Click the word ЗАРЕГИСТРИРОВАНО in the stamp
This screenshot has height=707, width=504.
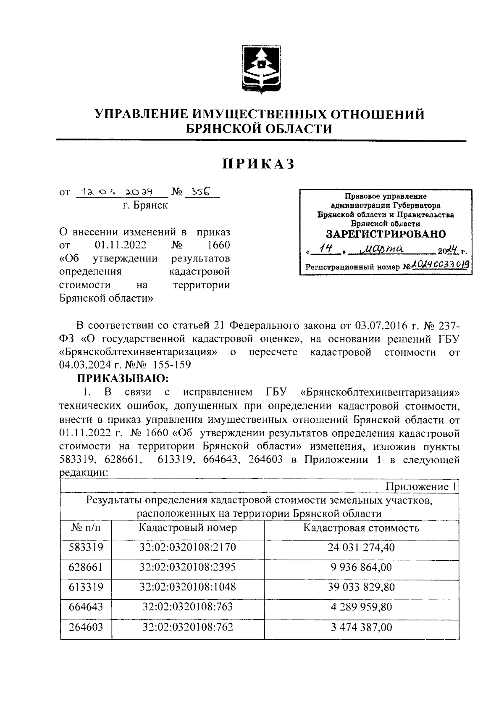[386, 234]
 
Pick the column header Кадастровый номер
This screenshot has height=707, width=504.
[188, 528]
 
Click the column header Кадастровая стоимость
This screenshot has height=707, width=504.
[361, 528]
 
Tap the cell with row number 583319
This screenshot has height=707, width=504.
[86, 547]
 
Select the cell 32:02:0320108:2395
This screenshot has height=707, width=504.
[188, 567]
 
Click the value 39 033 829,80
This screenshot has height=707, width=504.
[361, 587]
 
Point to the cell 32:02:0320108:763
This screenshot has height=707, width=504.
[188, 607]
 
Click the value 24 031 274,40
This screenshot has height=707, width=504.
[361, 548]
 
